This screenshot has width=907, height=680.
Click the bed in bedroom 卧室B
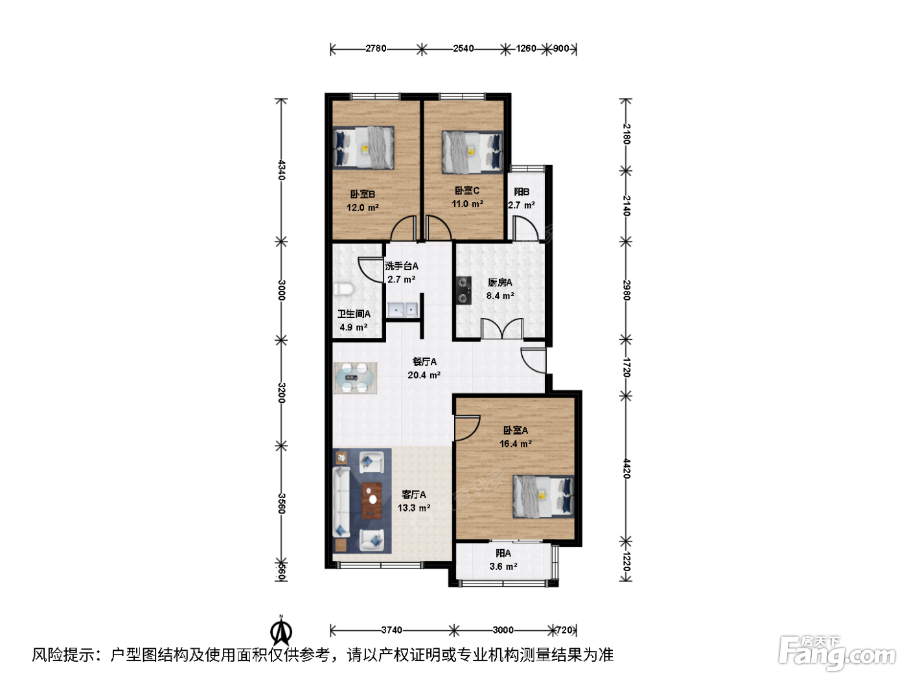click(363, 148)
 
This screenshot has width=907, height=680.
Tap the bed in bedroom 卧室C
click(472, 152)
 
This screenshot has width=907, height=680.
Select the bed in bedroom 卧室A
click(544, 497)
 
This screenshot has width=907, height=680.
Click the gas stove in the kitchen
click(463, 290)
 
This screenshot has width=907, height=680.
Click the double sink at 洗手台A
click(402, 310)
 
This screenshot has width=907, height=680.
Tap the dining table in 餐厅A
click(355, 378)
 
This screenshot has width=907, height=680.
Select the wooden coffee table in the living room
click(372, 501)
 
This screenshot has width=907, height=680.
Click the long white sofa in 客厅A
click(341, 503)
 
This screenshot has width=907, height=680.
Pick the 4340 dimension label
click(281, 170)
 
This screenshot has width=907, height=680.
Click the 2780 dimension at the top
click(376, 49)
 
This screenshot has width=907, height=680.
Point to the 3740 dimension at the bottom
click(391, 630)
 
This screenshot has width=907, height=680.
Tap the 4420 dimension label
click(626, 468)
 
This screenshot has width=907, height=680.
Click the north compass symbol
click(281, 631)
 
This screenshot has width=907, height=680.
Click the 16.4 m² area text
click(515, 444)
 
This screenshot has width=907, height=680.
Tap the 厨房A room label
click(500, 282)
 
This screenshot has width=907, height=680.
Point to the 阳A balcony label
click(503, 553)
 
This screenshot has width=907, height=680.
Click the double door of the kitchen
click(502, 328)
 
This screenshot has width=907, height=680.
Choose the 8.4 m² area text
click(500, 295)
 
